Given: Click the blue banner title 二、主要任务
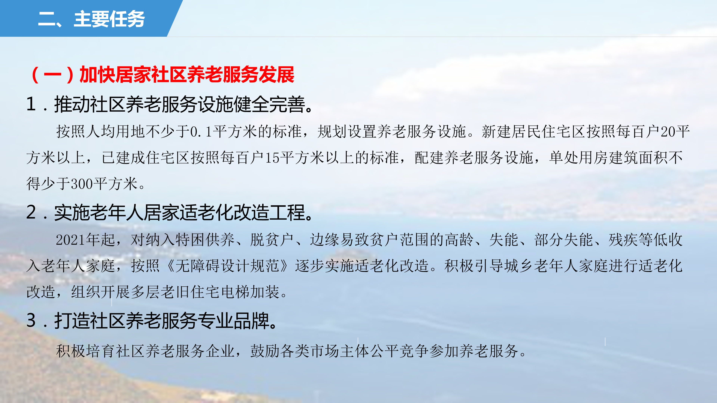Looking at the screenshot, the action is (x=91, y=19).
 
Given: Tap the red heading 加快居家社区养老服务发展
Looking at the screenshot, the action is (x=187, y=75).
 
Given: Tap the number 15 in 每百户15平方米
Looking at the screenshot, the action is (x=272, y=158).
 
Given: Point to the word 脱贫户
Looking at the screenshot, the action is (x=272, y=240).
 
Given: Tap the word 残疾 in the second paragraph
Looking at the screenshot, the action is (x=623, y=240).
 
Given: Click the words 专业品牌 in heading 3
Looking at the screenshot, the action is (x=234, y=321).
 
